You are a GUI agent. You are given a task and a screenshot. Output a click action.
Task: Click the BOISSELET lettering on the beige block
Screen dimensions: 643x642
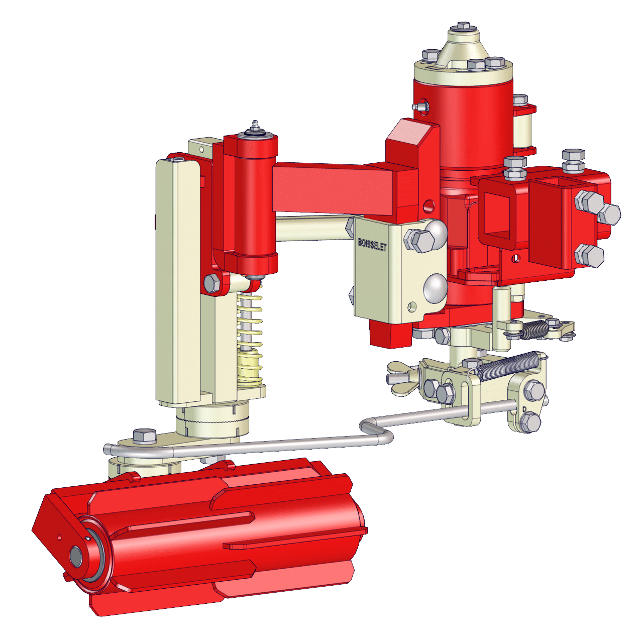pyautogui.click(x=372, y=245)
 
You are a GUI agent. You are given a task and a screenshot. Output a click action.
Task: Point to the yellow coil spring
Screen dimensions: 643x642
pyautogui.click(x=250, y=337)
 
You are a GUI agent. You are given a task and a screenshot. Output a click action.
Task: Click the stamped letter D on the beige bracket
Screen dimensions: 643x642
pyautogui.click(x=524, y=409)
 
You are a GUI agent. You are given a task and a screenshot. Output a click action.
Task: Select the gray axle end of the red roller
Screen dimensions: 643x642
pyautogui.click(x=76, y=557)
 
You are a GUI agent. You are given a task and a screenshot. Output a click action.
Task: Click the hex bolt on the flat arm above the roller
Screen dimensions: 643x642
pyautogui.click(x=145, y=436)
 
